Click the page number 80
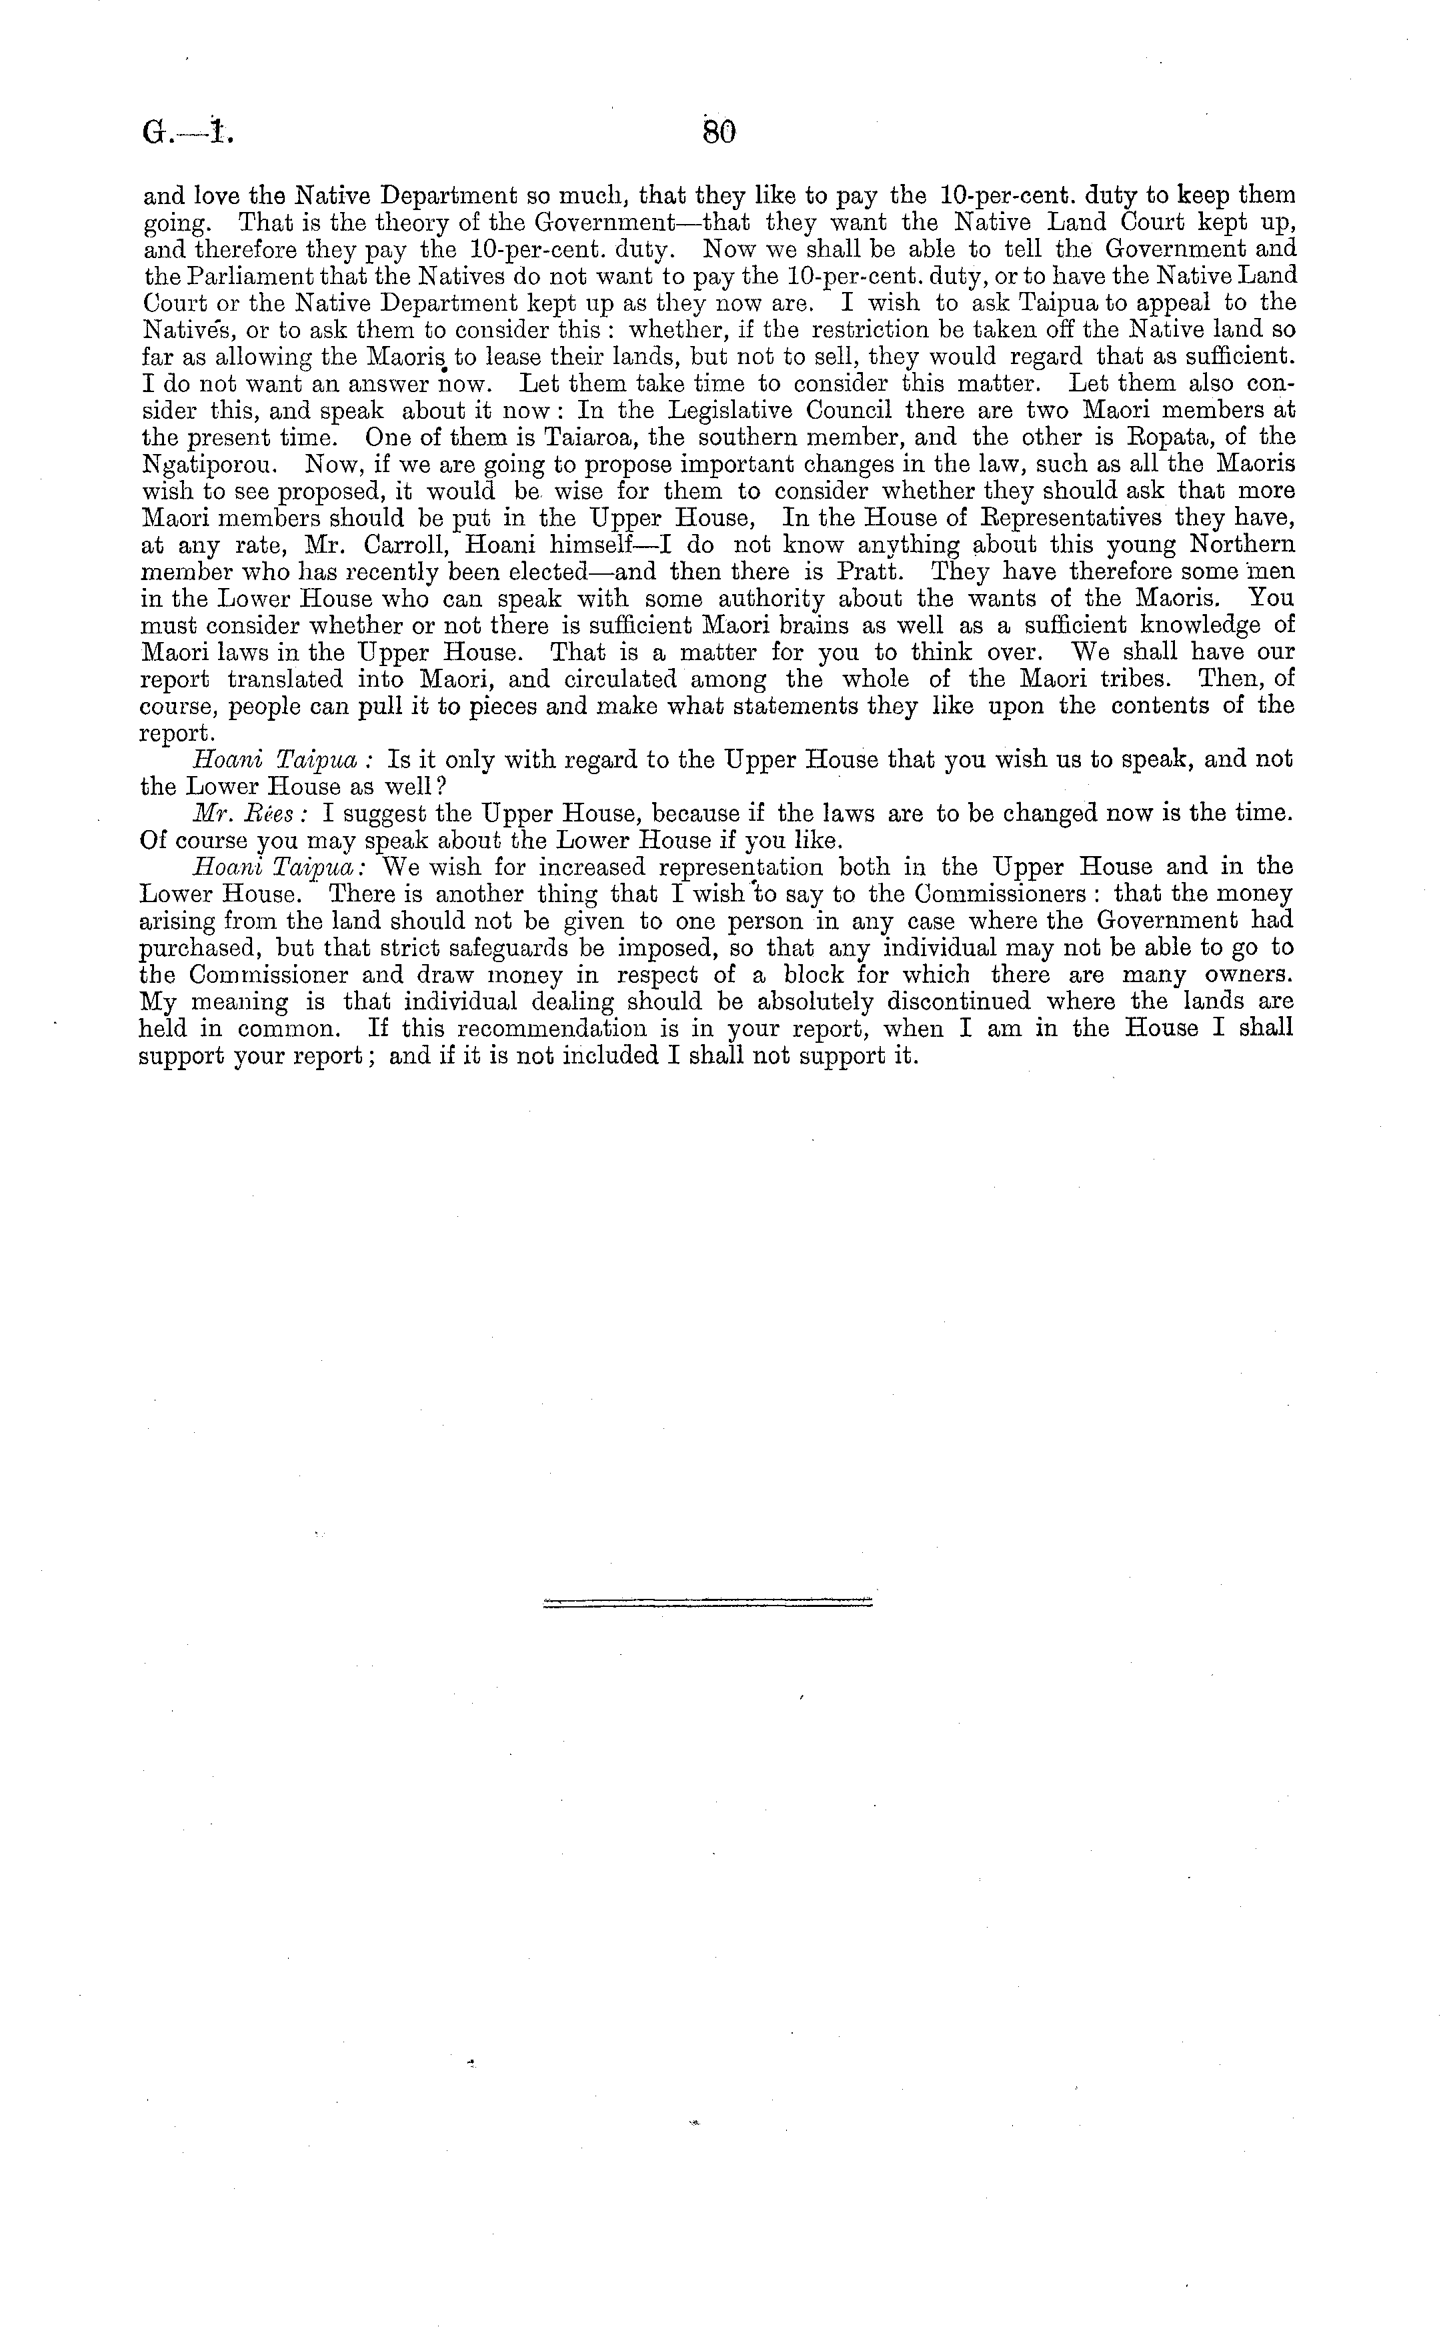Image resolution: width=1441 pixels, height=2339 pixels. [x=719, y=133]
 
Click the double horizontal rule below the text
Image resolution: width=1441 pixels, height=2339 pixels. [x=707, y=1602]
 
